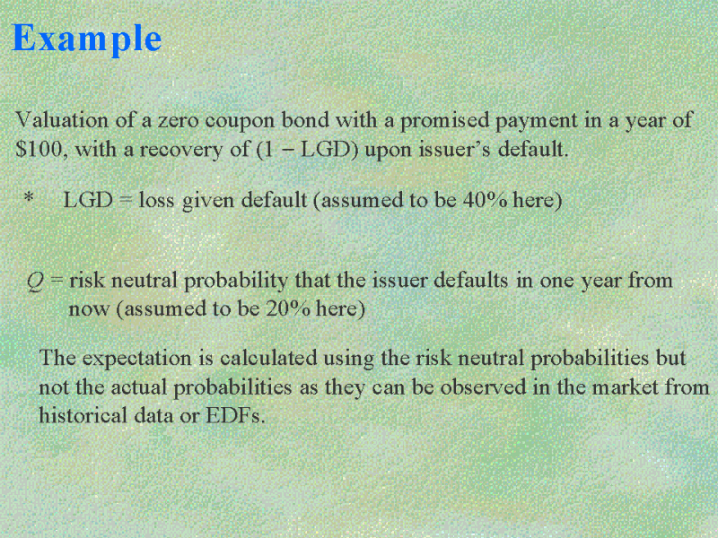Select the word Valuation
click(62, 120)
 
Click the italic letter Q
click(36, 282)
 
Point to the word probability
click(236, 282)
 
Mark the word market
click(625, 387)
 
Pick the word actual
click(139, 387)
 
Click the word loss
click(156, 200)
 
